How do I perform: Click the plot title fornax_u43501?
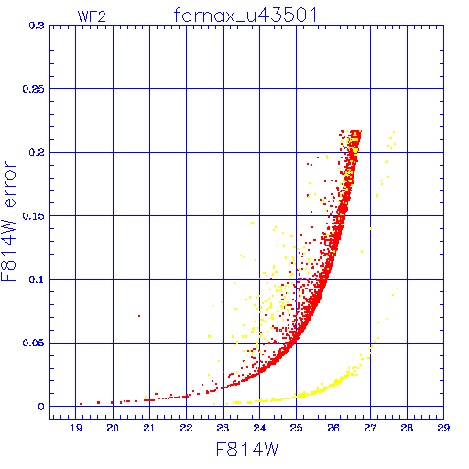(245, 16)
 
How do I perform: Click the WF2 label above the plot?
(92, 16)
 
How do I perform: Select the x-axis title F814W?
(247, 450)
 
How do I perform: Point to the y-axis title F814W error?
(9, 221)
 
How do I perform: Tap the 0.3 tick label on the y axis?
(37, 26)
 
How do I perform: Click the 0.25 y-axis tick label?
(33, 89)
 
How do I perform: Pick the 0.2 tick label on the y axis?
(37, 152)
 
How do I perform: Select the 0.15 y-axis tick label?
(33, 216)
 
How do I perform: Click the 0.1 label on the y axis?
(37, 279)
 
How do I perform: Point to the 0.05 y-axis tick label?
(33, 343)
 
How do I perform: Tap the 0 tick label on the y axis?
(41, 407)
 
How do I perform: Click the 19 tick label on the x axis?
(76, 428)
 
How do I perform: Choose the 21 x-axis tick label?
(149, 428)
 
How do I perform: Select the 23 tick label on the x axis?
(223, 428)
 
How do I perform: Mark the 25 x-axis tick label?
(296, 428)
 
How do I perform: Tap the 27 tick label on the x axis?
(370, 428)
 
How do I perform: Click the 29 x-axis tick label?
(443, 428)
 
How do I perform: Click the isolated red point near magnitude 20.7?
(139, 316)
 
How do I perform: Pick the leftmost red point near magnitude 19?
(81, 404)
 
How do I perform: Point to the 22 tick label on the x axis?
(186, 428)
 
